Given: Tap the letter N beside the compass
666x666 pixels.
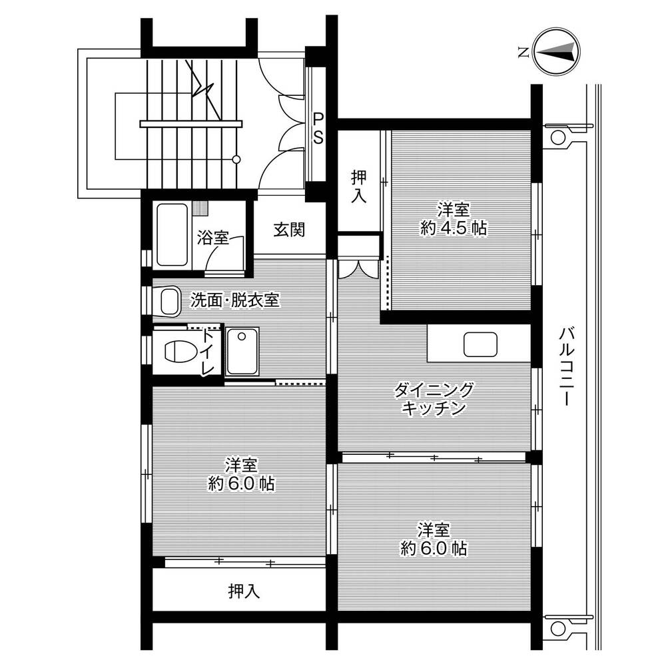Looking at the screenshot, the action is tap(523, 53).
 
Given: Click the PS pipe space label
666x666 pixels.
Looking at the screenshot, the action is tap(318, 128).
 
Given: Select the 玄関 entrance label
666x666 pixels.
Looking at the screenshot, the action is tap(289, 230).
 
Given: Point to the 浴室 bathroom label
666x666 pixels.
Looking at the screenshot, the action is tap(213, 237).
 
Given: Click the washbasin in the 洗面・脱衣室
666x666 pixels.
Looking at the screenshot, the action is tap(170, 301).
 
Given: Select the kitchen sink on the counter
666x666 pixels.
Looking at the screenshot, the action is tap(480, 344).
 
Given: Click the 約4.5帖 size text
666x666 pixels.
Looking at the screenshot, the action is tap(453, 228).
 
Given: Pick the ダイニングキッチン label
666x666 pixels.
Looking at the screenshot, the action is tap(434, 399).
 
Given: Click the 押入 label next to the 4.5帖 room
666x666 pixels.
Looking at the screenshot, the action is tap(359, 186).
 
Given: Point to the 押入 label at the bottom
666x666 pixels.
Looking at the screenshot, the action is tap(244, 591).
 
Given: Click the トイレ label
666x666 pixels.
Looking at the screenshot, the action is tap(207, 351).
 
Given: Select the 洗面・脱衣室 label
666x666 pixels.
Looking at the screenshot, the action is tap(234, 300).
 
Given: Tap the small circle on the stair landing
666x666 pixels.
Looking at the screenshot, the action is tap(236, 160).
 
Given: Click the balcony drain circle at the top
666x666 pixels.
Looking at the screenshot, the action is tap(557, 137).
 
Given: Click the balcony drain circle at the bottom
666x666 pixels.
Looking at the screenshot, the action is tap(557, 628).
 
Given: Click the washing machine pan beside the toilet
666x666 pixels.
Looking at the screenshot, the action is tap(242, 351).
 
